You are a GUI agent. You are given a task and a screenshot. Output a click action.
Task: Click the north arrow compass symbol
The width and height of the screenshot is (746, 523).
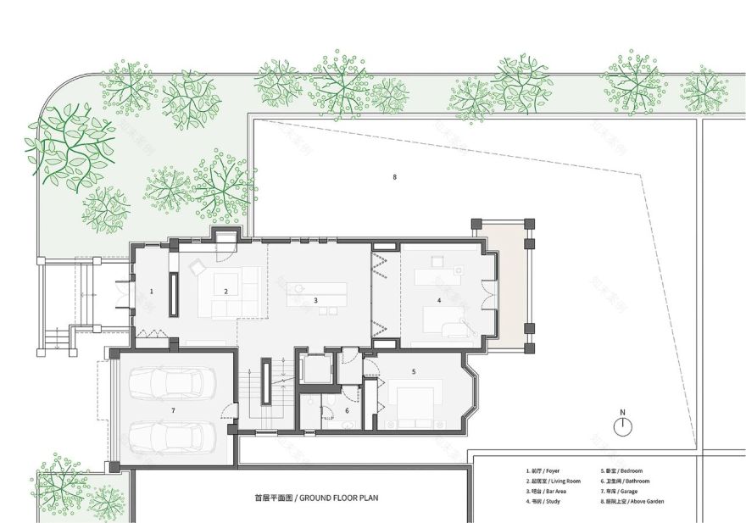tap(622, 426)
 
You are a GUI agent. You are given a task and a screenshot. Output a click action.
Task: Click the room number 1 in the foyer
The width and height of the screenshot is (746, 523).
tap(152, 292)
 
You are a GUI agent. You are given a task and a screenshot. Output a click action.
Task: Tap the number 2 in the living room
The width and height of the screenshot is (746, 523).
tap(226, 292)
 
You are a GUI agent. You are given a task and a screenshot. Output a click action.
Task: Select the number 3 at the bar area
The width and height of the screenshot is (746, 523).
tap(315, 300)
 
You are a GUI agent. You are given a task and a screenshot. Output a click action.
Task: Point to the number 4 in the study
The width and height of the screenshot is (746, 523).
tap(439, 300)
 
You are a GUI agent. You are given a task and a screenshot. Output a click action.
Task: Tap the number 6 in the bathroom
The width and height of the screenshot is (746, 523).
tap(173, 410)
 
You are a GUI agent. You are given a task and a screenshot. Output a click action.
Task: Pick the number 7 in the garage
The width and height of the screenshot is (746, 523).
tap(394, 177)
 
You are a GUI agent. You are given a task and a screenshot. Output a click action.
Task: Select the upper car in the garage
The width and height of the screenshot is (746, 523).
tap(172, 383)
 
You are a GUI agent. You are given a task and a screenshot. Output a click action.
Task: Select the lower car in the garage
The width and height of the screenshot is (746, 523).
tap(172, 437)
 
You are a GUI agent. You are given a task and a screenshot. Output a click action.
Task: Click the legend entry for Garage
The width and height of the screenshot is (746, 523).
tap(622, 491)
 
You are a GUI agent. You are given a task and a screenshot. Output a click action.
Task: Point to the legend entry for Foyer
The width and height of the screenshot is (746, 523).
tap(543, 470)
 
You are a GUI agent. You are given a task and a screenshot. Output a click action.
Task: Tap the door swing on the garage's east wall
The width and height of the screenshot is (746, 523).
tap(227, 414)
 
